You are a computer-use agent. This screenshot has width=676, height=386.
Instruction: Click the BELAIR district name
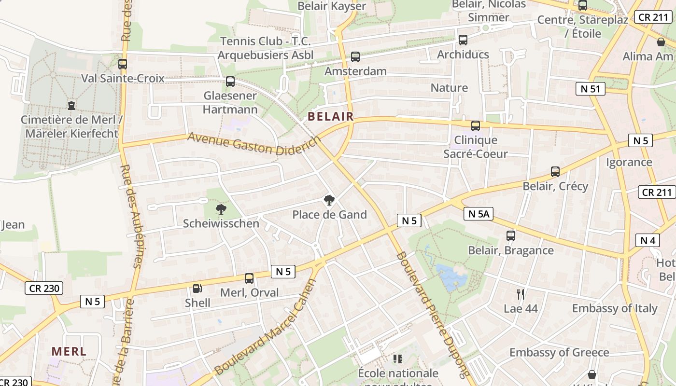pos(331,116)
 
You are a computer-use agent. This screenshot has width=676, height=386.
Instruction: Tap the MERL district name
pos(69,351)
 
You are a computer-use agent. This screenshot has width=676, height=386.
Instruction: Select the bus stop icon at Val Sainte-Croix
pos(123,64)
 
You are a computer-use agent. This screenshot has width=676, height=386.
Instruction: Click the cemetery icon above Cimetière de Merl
pos(71,105)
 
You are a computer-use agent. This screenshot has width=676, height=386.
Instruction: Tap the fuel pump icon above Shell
pos(197,289)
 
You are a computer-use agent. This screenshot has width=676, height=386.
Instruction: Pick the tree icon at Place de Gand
pos(329,200)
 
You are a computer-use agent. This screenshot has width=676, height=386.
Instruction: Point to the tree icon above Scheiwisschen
pos(221,209)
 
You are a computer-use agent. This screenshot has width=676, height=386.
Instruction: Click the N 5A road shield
pos(478,214)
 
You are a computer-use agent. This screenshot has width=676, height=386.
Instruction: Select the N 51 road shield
pos(590,89)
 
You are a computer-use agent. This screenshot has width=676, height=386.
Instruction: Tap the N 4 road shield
pos(648,240)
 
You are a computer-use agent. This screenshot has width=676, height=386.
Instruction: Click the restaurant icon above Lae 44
pos(521,294)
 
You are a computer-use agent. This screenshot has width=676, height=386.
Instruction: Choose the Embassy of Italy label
pos(615,308)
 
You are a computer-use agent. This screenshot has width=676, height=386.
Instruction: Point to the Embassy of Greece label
pos(559,352)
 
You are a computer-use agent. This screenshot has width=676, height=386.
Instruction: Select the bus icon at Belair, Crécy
pos(555,172)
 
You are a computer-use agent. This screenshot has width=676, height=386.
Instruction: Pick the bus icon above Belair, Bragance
pos(511,236)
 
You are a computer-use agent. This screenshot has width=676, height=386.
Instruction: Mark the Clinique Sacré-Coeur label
pos(476,147)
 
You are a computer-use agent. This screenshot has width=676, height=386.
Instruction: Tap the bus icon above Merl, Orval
pos(249,278)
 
